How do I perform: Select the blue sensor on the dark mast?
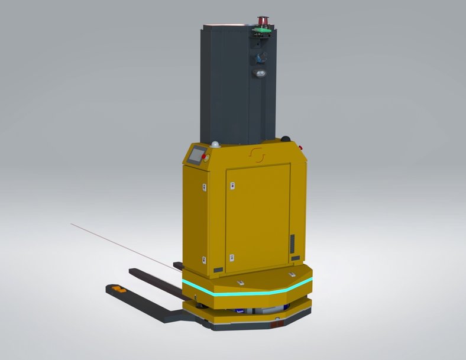(259, 58)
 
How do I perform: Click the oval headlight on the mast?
(261, 73)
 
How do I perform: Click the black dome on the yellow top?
(287, 140)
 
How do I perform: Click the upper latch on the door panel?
(232, 186)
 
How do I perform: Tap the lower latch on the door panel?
(232, 257)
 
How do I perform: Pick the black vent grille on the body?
(292, 244)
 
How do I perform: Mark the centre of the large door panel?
(258, 218)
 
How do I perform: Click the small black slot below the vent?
(295, 258)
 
